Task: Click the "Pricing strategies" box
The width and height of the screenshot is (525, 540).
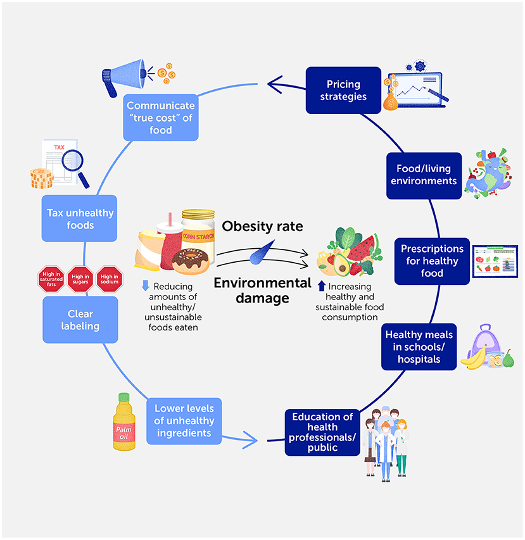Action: point(343,91)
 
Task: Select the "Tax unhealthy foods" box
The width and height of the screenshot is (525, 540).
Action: point(80,218)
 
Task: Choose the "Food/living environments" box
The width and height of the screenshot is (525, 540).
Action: point(426,175)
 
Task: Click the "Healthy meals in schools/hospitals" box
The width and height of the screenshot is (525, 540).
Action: point(419,346)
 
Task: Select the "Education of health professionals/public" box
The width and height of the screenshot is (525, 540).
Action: point(322,432)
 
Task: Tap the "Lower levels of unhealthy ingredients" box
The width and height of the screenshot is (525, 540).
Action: point(184,421)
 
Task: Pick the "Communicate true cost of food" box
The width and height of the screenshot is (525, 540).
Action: point(161,118)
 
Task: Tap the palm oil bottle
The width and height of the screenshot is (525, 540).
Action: point(123,421)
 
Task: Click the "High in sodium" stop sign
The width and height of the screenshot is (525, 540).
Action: point(109,279)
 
